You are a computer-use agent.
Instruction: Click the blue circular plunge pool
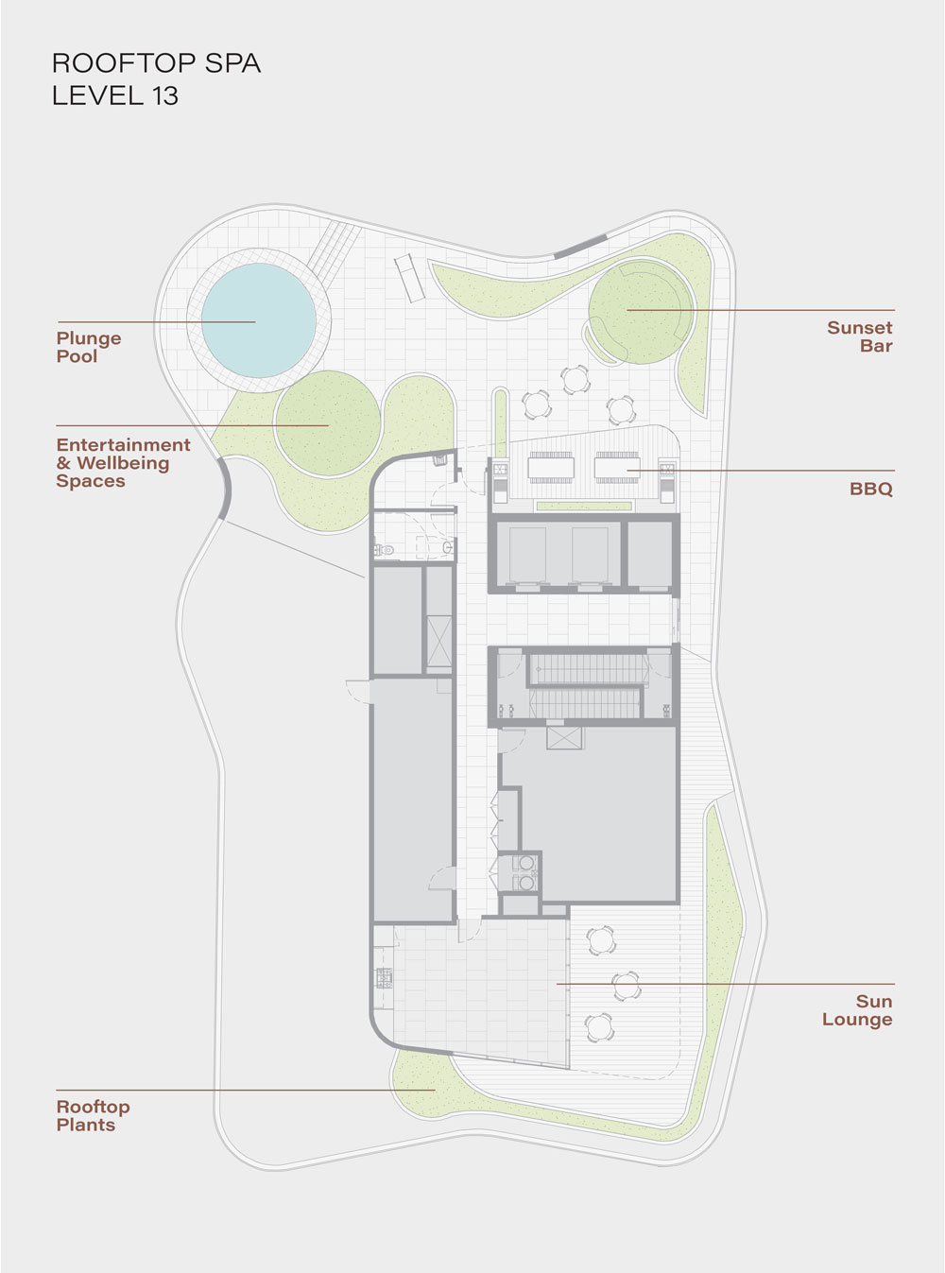[258, 319]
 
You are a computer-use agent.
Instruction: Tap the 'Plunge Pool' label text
[89, 347]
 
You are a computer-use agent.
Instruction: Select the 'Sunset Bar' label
[859, 336]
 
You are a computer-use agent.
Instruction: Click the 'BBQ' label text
[871, 489]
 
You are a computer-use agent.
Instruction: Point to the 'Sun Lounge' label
[858, 1010]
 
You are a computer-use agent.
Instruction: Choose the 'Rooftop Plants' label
[93, 1116]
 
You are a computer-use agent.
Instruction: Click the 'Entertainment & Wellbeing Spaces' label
[123, 462]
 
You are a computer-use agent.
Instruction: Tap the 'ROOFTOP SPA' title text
[156, 63]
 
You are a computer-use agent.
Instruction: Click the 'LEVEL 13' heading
[115, 95]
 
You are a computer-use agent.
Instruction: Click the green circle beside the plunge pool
[328, 423]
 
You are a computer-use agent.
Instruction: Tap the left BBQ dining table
[551, 468]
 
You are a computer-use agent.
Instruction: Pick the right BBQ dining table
[617, 468]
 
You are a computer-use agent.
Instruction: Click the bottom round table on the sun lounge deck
[599, 1026]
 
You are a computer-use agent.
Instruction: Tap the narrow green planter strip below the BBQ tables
[584, 506]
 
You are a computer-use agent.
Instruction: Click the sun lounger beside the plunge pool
[409, 278]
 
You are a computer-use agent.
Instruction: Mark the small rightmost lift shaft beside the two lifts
[650, 556]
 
